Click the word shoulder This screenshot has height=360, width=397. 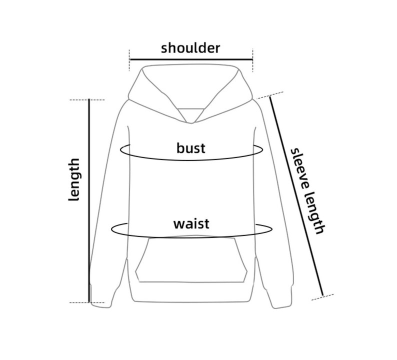click(190, 47)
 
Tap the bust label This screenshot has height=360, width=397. click(190, 148)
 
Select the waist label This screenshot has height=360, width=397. click(191, 224)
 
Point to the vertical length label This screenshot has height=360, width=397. click(74, 179)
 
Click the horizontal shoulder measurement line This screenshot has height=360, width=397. click(191, 59)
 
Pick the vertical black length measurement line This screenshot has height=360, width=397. click(89, 200)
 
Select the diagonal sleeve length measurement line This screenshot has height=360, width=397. click(296, 196)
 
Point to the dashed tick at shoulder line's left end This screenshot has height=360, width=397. click(129, 60)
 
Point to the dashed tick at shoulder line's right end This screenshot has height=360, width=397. click(253, 60)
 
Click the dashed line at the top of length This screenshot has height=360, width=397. click(87, 100)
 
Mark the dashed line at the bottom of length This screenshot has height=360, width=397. click(87, 302)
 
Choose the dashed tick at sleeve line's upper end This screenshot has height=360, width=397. click(270, 95)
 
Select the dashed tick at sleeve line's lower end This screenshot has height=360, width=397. click(322, 297)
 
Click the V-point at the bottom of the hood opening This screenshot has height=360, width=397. click(191, 123)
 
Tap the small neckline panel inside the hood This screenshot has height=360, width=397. click(191, 114)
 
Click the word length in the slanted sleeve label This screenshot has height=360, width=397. click(314, 212)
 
